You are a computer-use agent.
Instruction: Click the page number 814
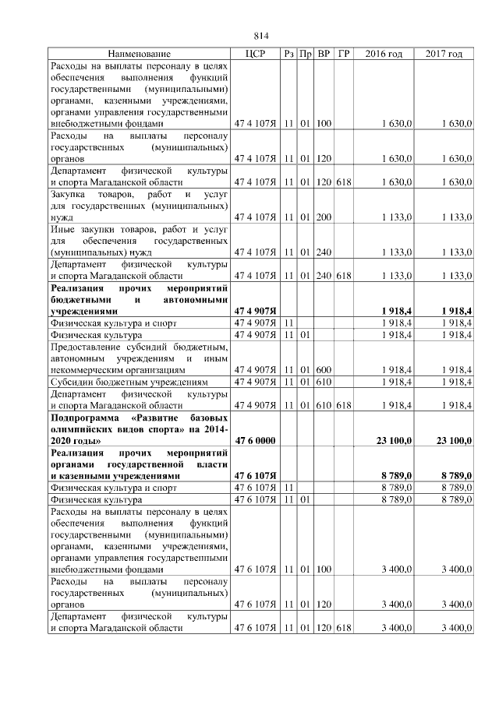point(261,36)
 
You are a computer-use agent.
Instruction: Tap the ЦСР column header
point(255,54)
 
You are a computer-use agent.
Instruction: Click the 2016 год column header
point(384,54)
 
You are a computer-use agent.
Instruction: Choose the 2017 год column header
point(444,54)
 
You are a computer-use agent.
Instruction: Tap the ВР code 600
point(324,371)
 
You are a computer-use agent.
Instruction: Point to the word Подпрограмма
point(85,418)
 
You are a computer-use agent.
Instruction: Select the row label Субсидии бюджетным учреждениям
point(129,382)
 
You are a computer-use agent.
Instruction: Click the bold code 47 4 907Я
point(254,312)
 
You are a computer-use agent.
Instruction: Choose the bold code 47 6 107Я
point(254,475)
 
